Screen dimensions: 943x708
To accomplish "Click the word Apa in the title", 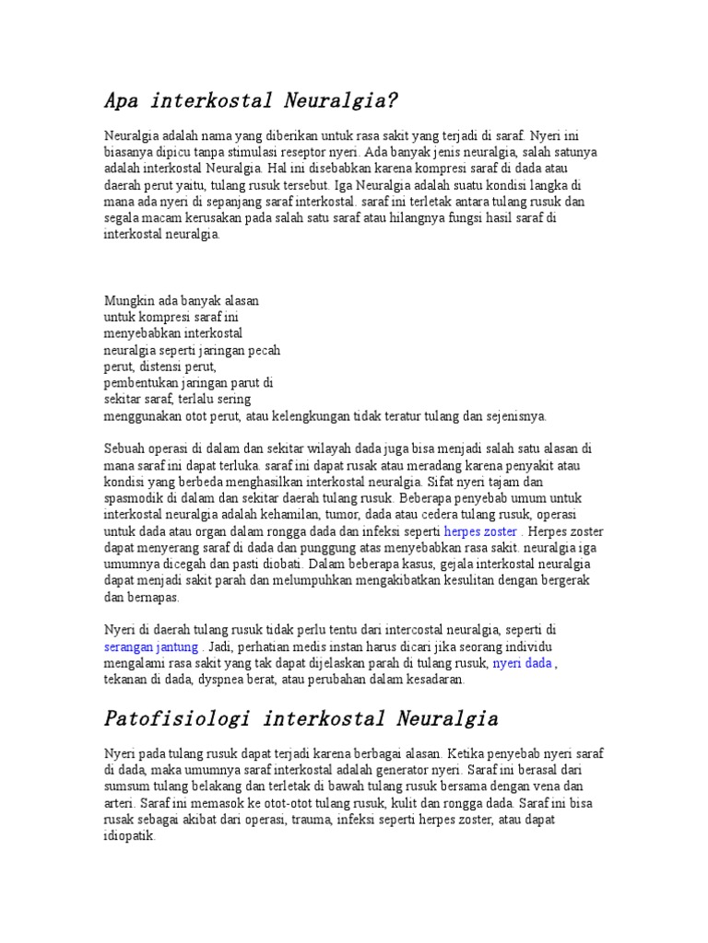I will (121, 99).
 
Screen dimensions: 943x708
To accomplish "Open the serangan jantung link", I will (151, 646).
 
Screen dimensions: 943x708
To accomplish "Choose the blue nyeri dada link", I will (522, 663).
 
